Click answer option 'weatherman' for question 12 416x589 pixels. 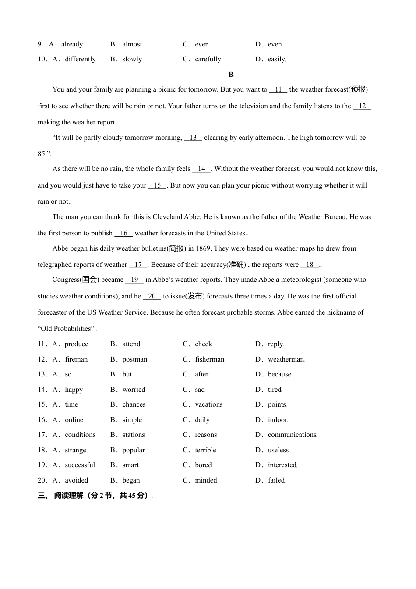[285, 359]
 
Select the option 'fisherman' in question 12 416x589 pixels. [209, 359]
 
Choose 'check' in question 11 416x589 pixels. [203, 344]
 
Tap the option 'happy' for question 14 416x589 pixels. [74, 390]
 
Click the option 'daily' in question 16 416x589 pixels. [202, 420]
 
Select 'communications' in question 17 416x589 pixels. [292, 435]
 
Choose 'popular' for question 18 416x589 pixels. [134, 450]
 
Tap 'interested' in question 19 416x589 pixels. [282, 465]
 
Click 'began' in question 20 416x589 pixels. [131, 480]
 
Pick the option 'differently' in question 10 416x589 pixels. [80, 59]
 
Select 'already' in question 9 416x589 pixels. [72, 44]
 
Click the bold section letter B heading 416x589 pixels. [231, 75]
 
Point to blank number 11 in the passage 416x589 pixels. [278, 89]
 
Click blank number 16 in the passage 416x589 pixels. [123, 233]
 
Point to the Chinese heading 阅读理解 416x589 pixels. [69, 496]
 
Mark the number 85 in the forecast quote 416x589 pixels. [42, 154]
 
